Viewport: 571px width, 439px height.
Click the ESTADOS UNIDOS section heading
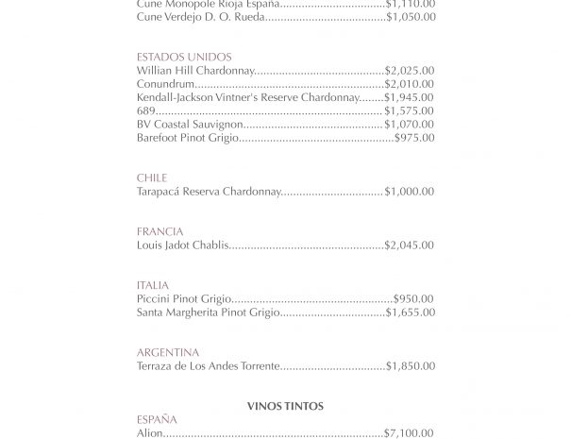(x=184, y=58)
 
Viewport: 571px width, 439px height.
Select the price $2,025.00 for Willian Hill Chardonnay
(x=410, y=71)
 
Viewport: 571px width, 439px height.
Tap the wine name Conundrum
(x=165, y=84)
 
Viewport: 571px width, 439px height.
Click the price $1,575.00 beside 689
(x=410, y=110)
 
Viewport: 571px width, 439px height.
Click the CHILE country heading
(x=152, y=177)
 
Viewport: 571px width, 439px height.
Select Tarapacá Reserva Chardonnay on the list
(x=209, y=192)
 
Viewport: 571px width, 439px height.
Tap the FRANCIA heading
(x=160, y=231)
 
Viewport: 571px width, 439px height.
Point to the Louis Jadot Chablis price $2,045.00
(x=410, y=245)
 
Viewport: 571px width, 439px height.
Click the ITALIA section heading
(x=153, y=285)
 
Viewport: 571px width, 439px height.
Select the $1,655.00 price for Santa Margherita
(x=410, y=312)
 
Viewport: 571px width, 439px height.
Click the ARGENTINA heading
(x=168, y=352)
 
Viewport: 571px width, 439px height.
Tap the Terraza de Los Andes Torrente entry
(x=209, y=365)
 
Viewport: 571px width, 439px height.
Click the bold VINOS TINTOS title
(x=285, y=406)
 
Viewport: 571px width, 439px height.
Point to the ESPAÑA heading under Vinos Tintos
(x=157, y=419)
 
